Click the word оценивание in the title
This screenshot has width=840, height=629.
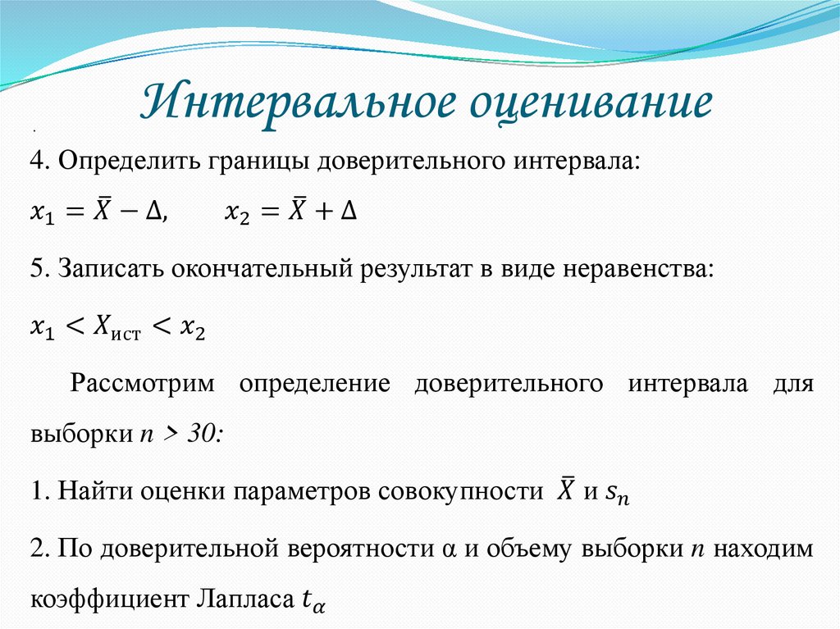click(x=589, y=105)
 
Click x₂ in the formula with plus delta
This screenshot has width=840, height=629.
click(x=236, y=213)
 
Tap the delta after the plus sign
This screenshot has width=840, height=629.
click(x=349, y=212)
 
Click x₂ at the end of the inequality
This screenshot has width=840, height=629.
click(x=192, y=329)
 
